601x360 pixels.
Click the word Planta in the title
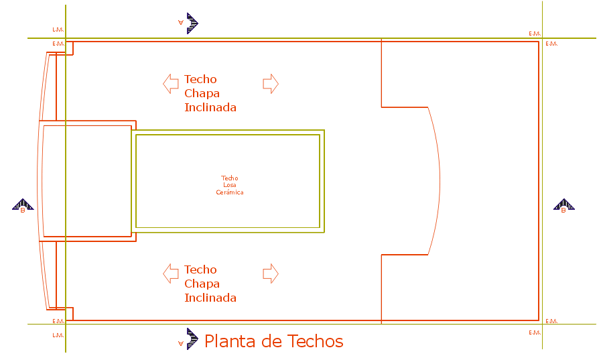tap(230, 341)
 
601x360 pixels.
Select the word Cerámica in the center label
tap(230, 192)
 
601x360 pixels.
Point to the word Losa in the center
tap(230, 185)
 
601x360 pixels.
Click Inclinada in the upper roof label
tap(210, 107)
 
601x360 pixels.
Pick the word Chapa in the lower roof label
tap(202, 284)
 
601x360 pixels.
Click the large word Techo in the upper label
tap(200, 79)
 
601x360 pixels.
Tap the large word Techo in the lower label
tap(200, 269)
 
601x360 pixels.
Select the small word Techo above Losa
tap(230, 178)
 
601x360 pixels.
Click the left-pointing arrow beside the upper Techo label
tap(170, 84)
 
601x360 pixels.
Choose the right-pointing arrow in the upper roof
tap(270, 84)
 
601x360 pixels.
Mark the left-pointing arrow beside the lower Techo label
tap(170, 274)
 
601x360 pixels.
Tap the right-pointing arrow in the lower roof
tap(270, 274)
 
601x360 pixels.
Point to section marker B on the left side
tap(23, 206)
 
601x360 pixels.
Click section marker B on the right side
tap(563, 206)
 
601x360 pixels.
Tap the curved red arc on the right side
tap(439, 181)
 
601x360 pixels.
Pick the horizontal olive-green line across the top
tap(302, 38)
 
